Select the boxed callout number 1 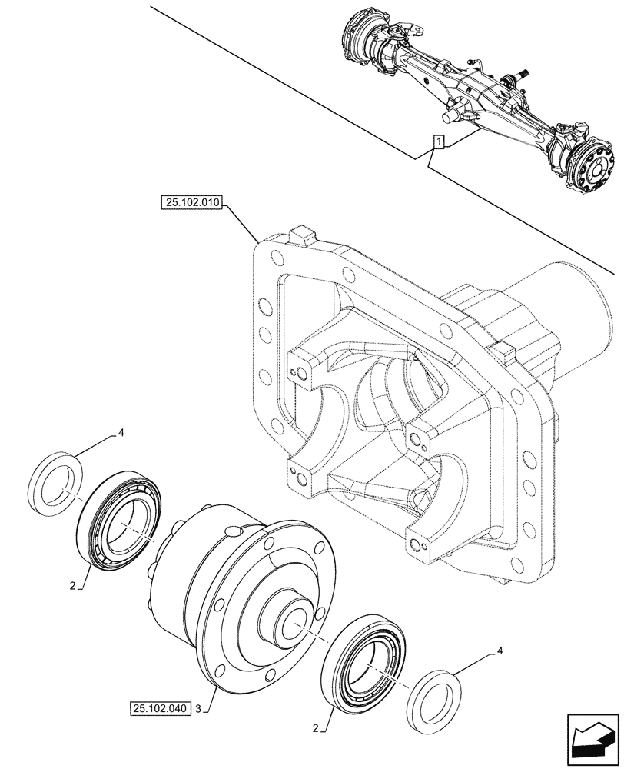click(437, 141)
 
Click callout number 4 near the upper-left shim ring click(120, 434)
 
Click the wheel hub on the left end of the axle click(360, 38)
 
